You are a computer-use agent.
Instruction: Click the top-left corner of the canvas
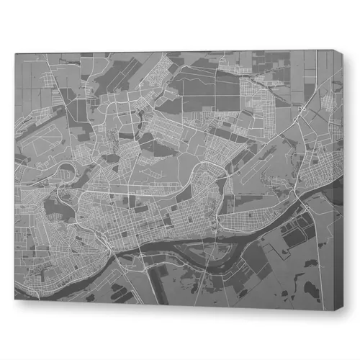(x=14, y=52)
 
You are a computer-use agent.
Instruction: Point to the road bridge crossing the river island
(x=205, y=248)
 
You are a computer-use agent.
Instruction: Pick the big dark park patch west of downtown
(x=54, y=209)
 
